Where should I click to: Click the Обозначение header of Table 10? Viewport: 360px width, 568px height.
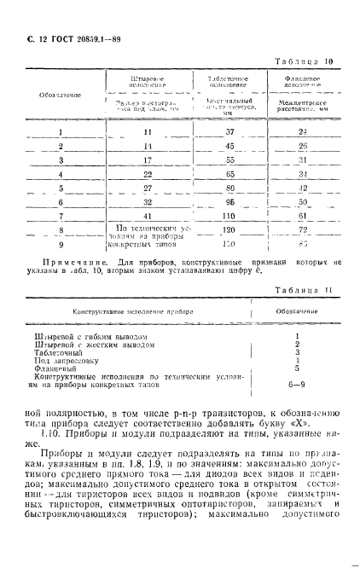61,94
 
